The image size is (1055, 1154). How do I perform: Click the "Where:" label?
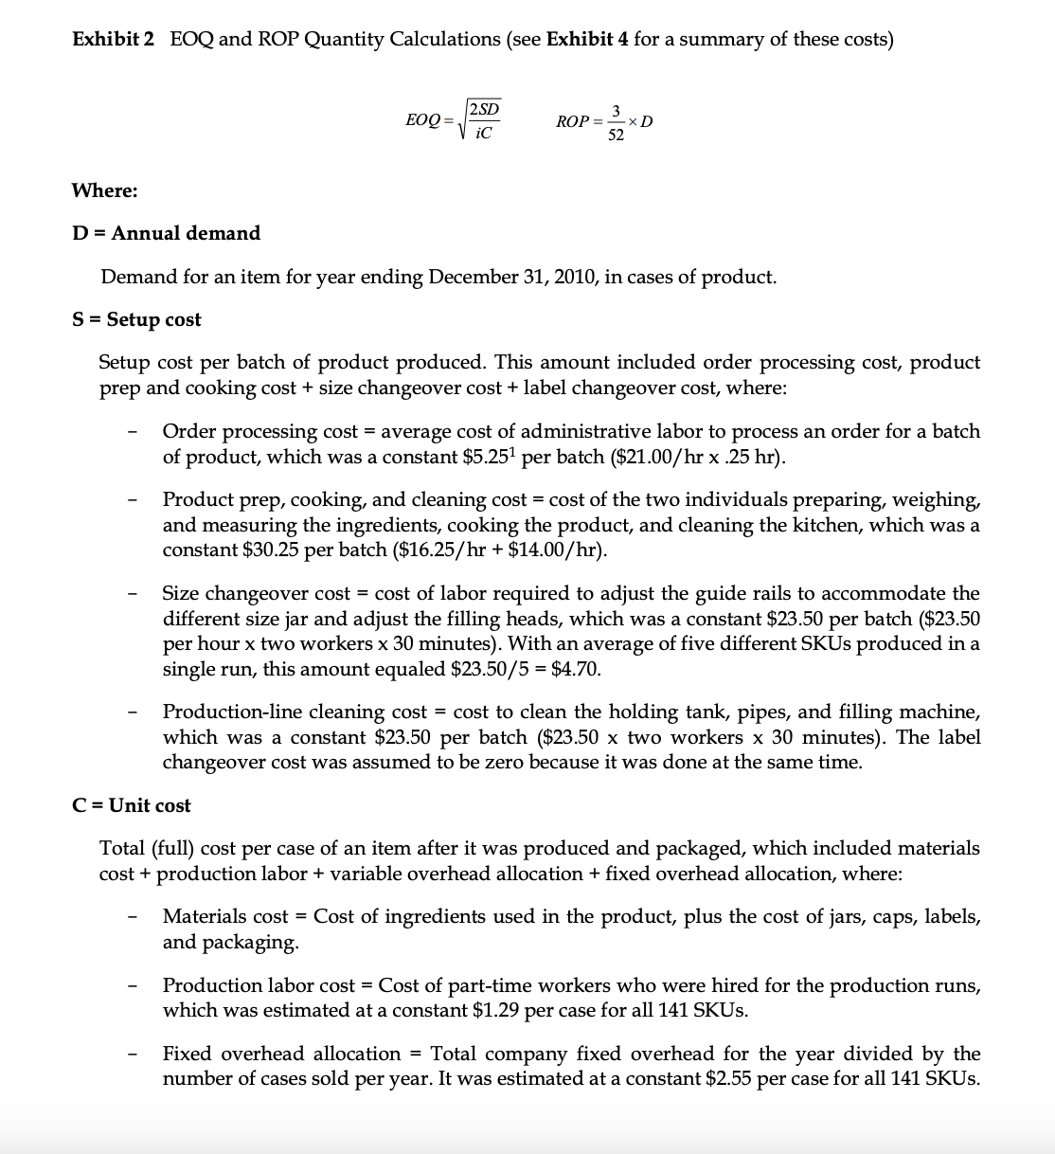pyautogui.click(x=104, y=190)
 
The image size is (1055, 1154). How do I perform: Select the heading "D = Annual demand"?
pyautogui.click(x=166, y=233)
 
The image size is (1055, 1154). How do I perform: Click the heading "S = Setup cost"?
pyautogui.click(x=136, y=319)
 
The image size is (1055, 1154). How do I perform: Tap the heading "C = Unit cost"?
pyautogui.click(x=132, y=805)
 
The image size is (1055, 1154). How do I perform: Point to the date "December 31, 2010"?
pyautogui.click(x=510, y=277)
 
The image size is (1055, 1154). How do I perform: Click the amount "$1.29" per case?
pyautogui.click(x=496, y=1010)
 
